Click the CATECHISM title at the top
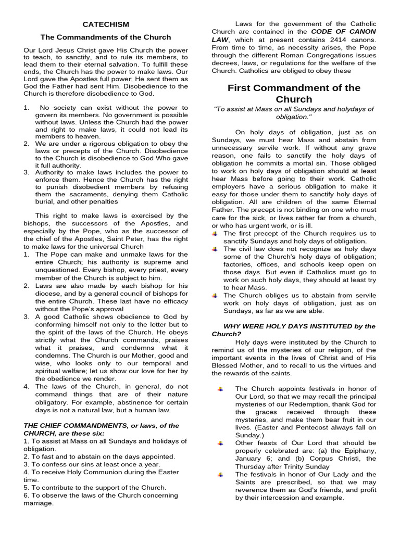pyautogui.click(x=106, y=24)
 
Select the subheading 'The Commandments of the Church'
pyautogui.click(x=106, y=37)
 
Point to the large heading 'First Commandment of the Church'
pyautogui.click(x=294, y=93)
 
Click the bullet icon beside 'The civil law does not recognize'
pyautogui.click(x=215, y=249)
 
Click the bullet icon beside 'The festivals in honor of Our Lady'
pyautogui.click(x=221, y=475)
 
